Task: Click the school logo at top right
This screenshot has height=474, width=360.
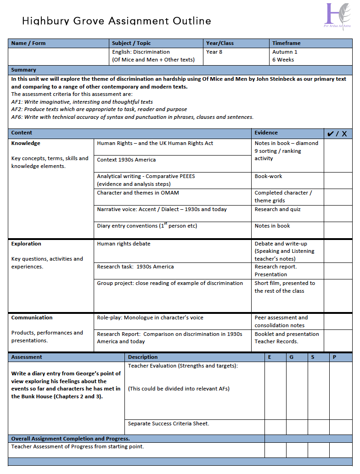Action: coord(338,16)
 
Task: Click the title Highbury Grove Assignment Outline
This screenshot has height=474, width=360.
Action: coord(117,21)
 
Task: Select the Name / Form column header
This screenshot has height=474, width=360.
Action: coord(28,43)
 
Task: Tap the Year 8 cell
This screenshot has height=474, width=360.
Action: coord(214,52)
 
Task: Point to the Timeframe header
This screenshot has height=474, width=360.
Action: coord(287,43)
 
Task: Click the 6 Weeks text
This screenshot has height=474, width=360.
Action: coord(283,60)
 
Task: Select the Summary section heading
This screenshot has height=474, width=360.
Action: coord(24,70)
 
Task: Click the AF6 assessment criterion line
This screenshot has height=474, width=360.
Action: coord(132,117)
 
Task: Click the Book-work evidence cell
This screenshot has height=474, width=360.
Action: coord(269,176)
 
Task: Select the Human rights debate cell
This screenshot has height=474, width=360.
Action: coord(124,244)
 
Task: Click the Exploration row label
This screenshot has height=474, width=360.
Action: coord(26,244)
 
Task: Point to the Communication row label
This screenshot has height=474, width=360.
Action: coord(32,318)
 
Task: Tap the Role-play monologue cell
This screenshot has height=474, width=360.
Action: coord(150,318)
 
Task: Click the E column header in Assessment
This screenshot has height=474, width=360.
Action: coord(270,357)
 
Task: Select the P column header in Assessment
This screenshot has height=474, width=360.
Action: coord(334,357)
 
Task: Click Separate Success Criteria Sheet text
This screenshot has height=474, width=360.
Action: coord(169,424)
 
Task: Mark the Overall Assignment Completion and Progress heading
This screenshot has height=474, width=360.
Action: coord(70,439)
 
